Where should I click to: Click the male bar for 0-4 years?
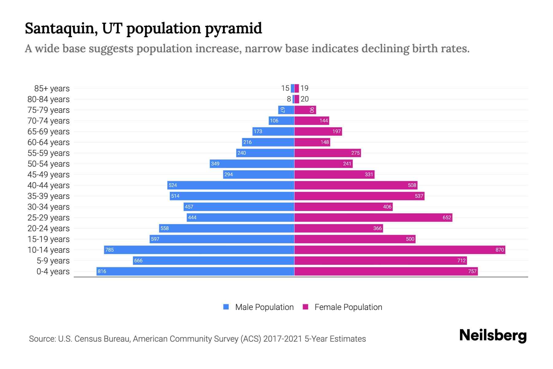pyautogui.click(x=195, y=271)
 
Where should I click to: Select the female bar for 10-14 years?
pyautogui.click(x=399, y=250)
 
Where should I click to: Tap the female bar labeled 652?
pyautogui.click(x=373, y=217)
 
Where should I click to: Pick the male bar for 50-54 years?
pyautogui.click(x=252, y=164)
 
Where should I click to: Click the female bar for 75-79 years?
pyautogui.click(x=305, y=110)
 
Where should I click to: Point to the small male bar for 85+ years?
pyautogui.click(x=292, y=88)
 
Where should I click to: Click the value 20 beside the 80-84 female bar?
pyautogui.click(x=304, y=99)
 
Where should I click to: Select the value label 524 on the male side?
pyautogui.click(x=173, y=185)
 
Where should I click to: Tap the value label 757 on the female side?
pyautogui.click(x=472, y=271)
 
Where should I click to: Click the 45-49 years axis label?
pyautogui.click(x=49, y=174)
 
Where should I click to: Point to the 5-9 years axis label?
pyautogui.click(x=53, y=260)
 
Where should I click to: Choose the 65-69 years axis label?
pyautogui.click(x=49, y=131)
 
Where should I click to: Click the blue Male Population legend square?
pyautogui.click(x=226, y=307)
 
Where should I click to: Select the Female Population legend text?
pyautogui.click(x=348, y=307)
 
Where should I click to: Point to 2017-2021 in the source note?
pyautogui.click(x=283, y=339)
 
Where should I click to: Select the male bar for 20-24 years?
pyautogui.click(x=227, y=228)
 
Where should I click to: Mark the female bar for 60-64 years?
pyautogui.click(x=312, y=142)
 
